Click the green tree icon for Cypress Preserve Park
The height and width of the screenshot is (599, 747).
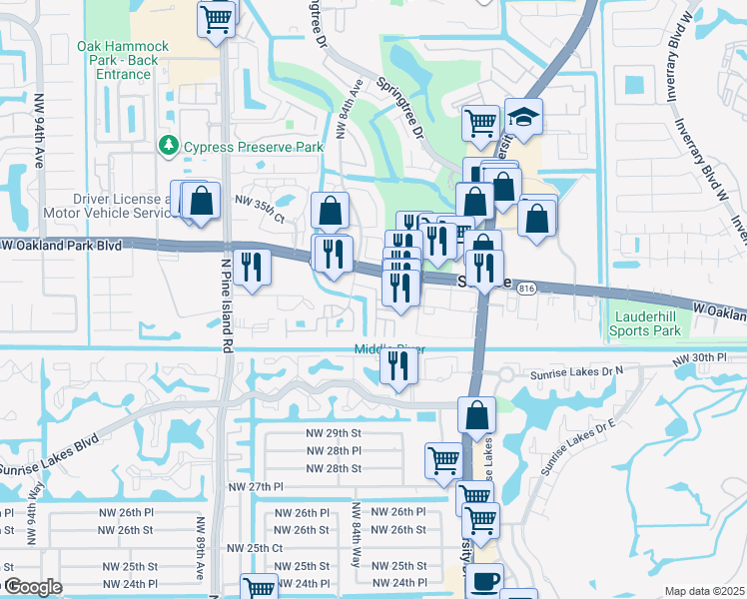pos(168,147)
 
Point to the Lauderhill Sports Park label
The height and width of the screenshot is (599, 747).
pos(646,323)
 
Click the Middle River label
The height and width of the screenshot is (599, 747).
pos(383,349)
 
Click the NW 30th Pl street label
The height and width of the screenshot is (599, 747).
pos(695,359)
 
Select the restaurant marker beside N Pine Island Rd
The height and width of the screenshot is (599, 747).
pos(253,267)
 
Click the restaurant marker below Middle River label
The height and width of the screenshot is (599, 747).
pos(398,366)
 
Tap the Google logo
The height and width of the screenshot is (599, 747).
pos(32,587)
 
